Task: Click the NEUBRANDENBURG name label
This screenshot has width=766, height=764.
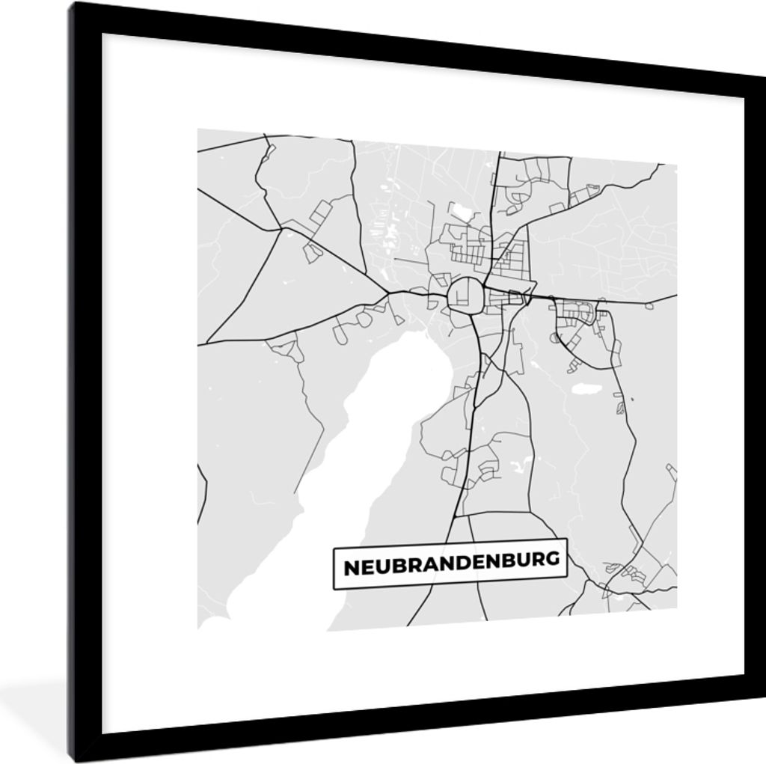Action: pyautogui.click(x=450, y=563)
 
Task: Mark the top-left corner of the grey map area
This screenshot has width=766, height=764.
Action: pyautogui.click(x=198, y=130)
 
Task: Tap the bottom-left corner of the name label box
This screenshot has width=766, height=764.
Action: pyautogui.click(x=334, y=588)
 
